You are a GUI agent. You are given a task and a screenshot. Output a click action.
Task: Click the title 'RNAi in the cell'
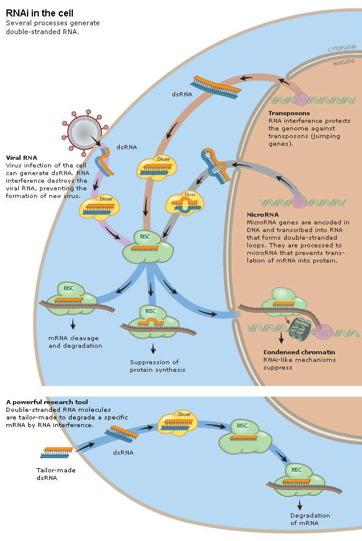(x=39, y=12)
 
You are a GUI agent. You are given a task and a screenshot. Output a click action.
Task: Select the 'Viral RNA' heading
(x=22, y=157)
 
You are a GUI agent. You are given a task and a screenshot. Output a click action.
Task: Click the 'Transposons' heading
(x=289, y=113)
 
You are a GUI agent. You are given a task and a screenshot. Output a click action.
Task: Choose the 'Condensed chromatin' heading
(x=292, y=353)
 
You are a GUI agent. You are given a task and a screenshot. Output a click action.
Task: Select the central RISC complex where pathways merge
(x=147, y=247)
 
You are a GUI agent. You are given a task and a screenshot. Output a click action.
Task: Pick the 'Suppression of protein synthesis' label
(x=157, y=366)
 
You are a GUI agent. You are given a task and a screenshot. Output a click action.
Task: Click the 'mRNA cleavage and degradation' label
(x=75, y=342)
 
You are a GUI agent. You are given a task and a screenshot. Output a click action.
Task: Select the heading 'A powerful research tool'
(x=46, y=402)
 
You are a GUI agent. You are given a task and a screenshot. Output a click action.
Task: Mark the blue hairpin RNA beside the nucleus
(x=214, y=164)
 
